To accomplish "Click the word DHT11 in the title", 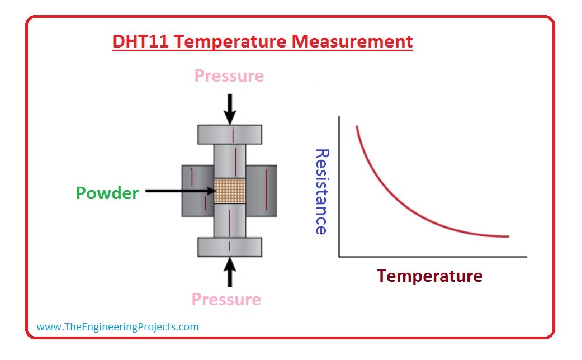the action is click(141, 41).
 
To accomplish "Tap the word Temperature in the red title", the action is click(230, 42).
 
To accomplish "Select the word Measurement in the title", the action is click(352, 41).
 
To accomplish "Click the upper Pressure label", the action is click(229, 76).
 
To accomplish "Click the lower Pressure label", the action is click(226, 300).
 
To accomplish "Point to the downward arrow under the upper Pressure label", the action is click(230, 109).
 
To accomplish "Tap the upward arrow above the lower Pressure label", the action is click(230, 272).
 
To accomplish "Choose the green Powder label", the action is click(107, 193).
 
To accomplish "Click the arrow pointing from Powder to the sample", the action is click(181, 191).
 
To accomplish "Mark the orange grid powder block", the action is click(230, 191).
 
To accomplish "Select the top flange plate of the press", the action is click(230, 134).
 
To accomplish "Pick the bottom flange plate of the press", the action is click(230, 247).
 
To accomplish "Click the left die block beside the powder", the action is click(198, 191).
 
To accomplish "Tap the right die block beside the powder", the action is click(261, 191).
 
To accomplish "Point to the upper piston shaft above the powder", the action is click(230, 162).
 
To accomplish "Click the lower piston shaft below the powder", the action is click(230, 220).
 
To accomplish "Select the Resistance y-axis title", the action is click(322, 192).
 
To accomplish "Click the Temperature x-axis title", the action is click(429, 276).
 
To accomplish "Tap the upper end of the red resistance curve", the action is click(357, 126).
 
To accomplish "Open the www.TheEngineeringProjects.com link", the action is click(117, 327).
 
